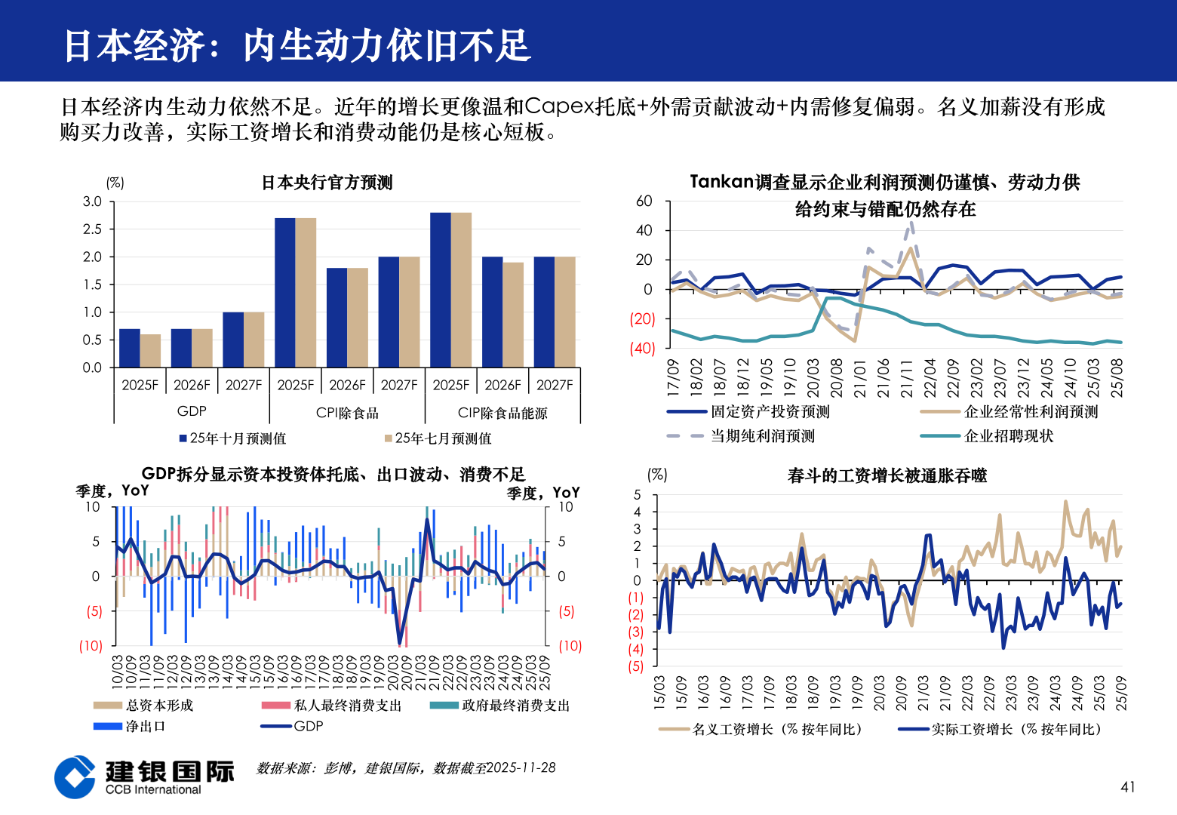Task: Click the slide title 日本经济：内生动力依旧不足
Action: tap(297, 45)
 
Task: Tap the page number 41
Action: tap(1127, 787)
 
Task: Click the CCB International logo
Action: tap(143, 777)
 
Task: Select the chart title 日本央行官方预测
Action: tap(327, 183)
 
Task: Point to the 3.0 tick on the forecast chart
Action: tap(92, 201)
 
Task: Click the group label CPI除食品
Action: tap(347, 413)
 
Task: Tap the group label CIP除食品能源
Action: tap(502, 413)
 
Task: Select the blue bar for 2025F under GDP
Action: tap(130, 348)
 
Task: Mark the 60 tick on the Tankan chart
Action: tap(644, 201)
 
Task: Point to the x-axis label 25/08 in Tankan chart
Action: tap(1117, 377)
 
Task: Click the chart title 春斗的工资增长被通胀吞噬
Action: tap(887, 475)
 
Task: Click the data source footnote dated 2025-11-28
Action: tap(406, 767)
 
